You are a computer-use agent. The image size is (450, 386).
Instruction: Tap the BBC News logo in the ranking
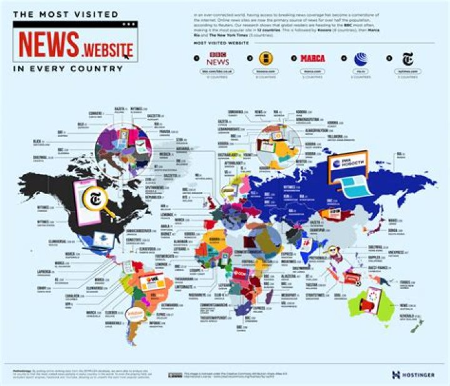coord(219,59)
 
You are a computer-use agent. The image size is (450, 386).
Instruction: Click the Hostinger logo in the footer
coord(413,375)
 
